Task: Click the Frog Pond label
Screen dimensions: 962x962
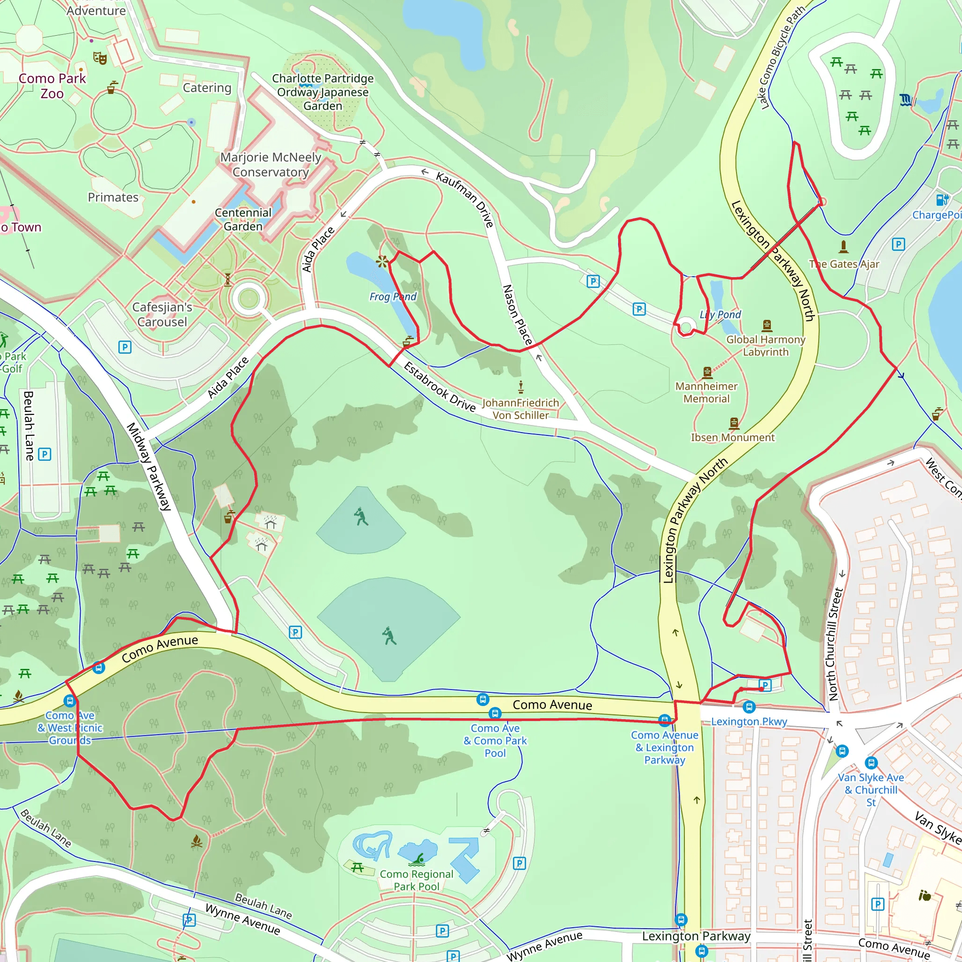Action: pos(392,297)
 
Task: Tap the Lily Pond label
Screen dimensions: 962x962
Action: pos(720,315)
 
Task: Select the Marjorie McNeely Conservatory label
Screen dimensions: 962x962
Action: pos(271,165)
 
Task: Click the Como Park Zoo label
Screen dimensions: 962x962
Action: pos(52,85)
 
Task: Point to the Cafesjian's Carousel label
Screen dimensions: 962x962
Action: pos(162,314)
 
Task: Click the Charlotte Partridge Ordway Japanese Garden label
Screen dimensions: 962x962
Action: pos(323,92)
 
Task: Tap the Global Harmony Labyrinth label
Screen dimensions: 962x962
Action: pos(765,346)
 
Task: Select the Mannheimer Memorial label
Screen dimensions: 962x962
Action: pos(706,392)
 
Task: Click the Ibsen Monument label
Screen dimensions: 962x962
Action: pos(732,437)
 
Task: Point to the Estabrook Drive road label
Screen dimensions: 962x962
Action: pos(439,388)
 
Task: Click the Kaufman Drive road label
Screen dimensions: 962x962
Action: pos(465,199)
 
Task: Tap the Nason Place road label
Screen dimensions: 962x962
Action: pos(517,315)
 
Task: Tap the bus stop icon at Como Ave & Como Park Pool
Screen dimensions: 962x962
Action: pos(495,714)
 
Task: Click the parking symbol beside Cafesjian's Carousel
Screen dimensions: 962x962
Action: pos(125,347)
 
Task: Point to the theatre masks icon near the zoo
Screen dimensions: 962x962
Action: pos(100,58)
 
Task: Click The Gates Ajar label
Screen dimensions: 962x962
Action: pos(844,264)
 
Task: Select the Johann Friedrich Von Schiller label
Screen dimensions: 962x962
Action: pos(520,409)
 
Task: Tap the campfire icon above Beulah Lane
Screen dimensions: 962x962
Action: pos(197,841)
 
